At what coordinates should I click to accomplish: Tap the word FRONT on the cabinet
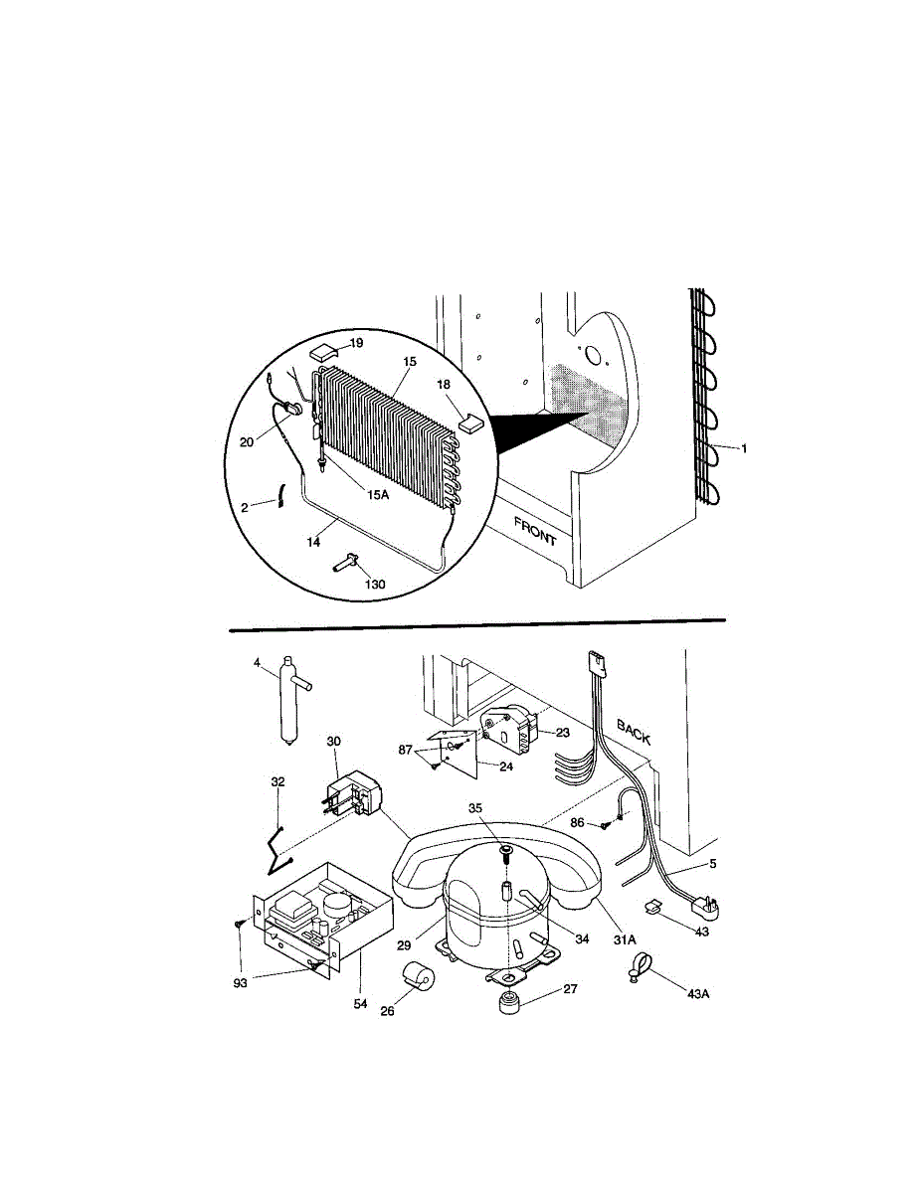[535, 532]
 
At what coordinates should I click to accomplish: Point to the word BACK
[634, 734]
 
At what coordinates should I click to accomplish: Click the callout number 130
[374, 584]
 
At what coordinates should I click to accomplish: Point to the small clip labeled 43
[655, 907]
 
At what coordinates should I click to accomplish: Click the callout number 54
[360, 1004]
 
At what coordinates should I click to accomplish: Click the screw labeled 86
[604, 824]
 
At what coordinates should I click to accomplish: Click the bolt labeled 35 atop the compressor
[505, 851]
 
